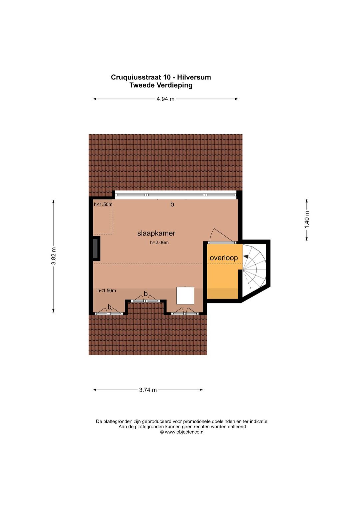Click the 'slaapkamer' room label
click(156, 233)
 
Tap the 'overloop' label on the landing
click(223, 258)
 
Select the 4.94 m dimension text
click(165, 99)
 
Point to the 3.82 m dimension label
click(54, 256)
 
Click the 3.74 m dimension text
click(148, 390)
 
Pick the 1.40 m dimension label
click(307, 220)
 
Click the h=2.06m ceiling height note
click(159, 242)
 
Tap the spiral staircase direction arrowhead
click(246, 256)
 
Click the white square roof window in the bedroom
click(185, 296)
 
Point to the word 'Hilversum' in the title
click(194, 77)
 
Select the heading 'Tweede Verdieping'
click(161, 85)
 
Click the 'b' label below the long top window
click(172, 204)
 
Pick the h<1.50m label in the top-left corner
click(103, 204)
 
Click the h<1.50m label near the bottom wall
click(107, 291)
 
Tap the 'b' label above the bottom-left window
click(109, 307)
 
